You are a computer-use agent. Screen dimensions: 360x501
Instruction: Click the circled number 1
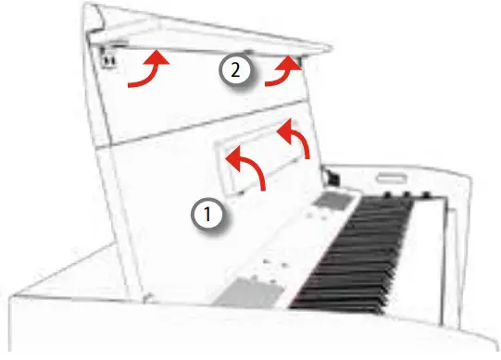208,215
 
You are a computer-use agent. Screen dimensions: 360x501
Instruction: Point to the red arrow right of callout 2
284,71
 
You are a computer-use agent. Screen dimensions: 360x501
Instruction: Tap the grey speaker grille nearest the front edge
248,294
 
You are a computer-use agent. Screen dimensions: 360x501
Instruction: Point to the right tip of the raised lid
331,45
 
